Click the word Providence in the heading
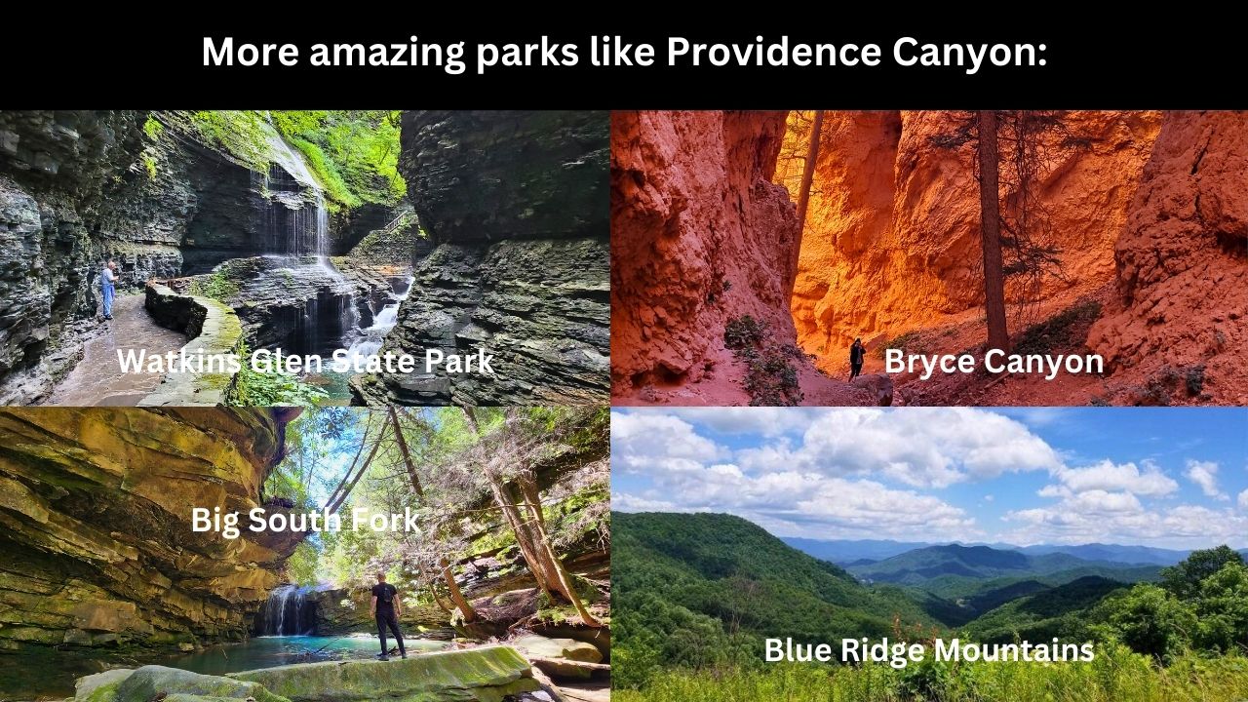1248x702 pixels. tap(774, 52)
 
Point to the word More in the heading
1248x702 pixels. tap(251, 52)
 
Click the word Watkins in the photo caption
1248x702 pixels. tap(178, 361)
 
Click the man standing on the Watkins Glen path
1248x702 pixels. tap(108, 291)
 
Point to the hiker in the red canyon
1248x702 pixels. tap(857, 360)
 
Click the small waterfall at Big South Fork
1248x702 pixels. tap(286, 610)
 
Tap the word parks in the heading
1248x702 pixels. tap(527, 54)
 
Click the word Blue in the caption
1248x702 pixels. tap(798, 650)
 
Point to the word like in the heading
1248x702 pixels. tap(622, 52)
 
